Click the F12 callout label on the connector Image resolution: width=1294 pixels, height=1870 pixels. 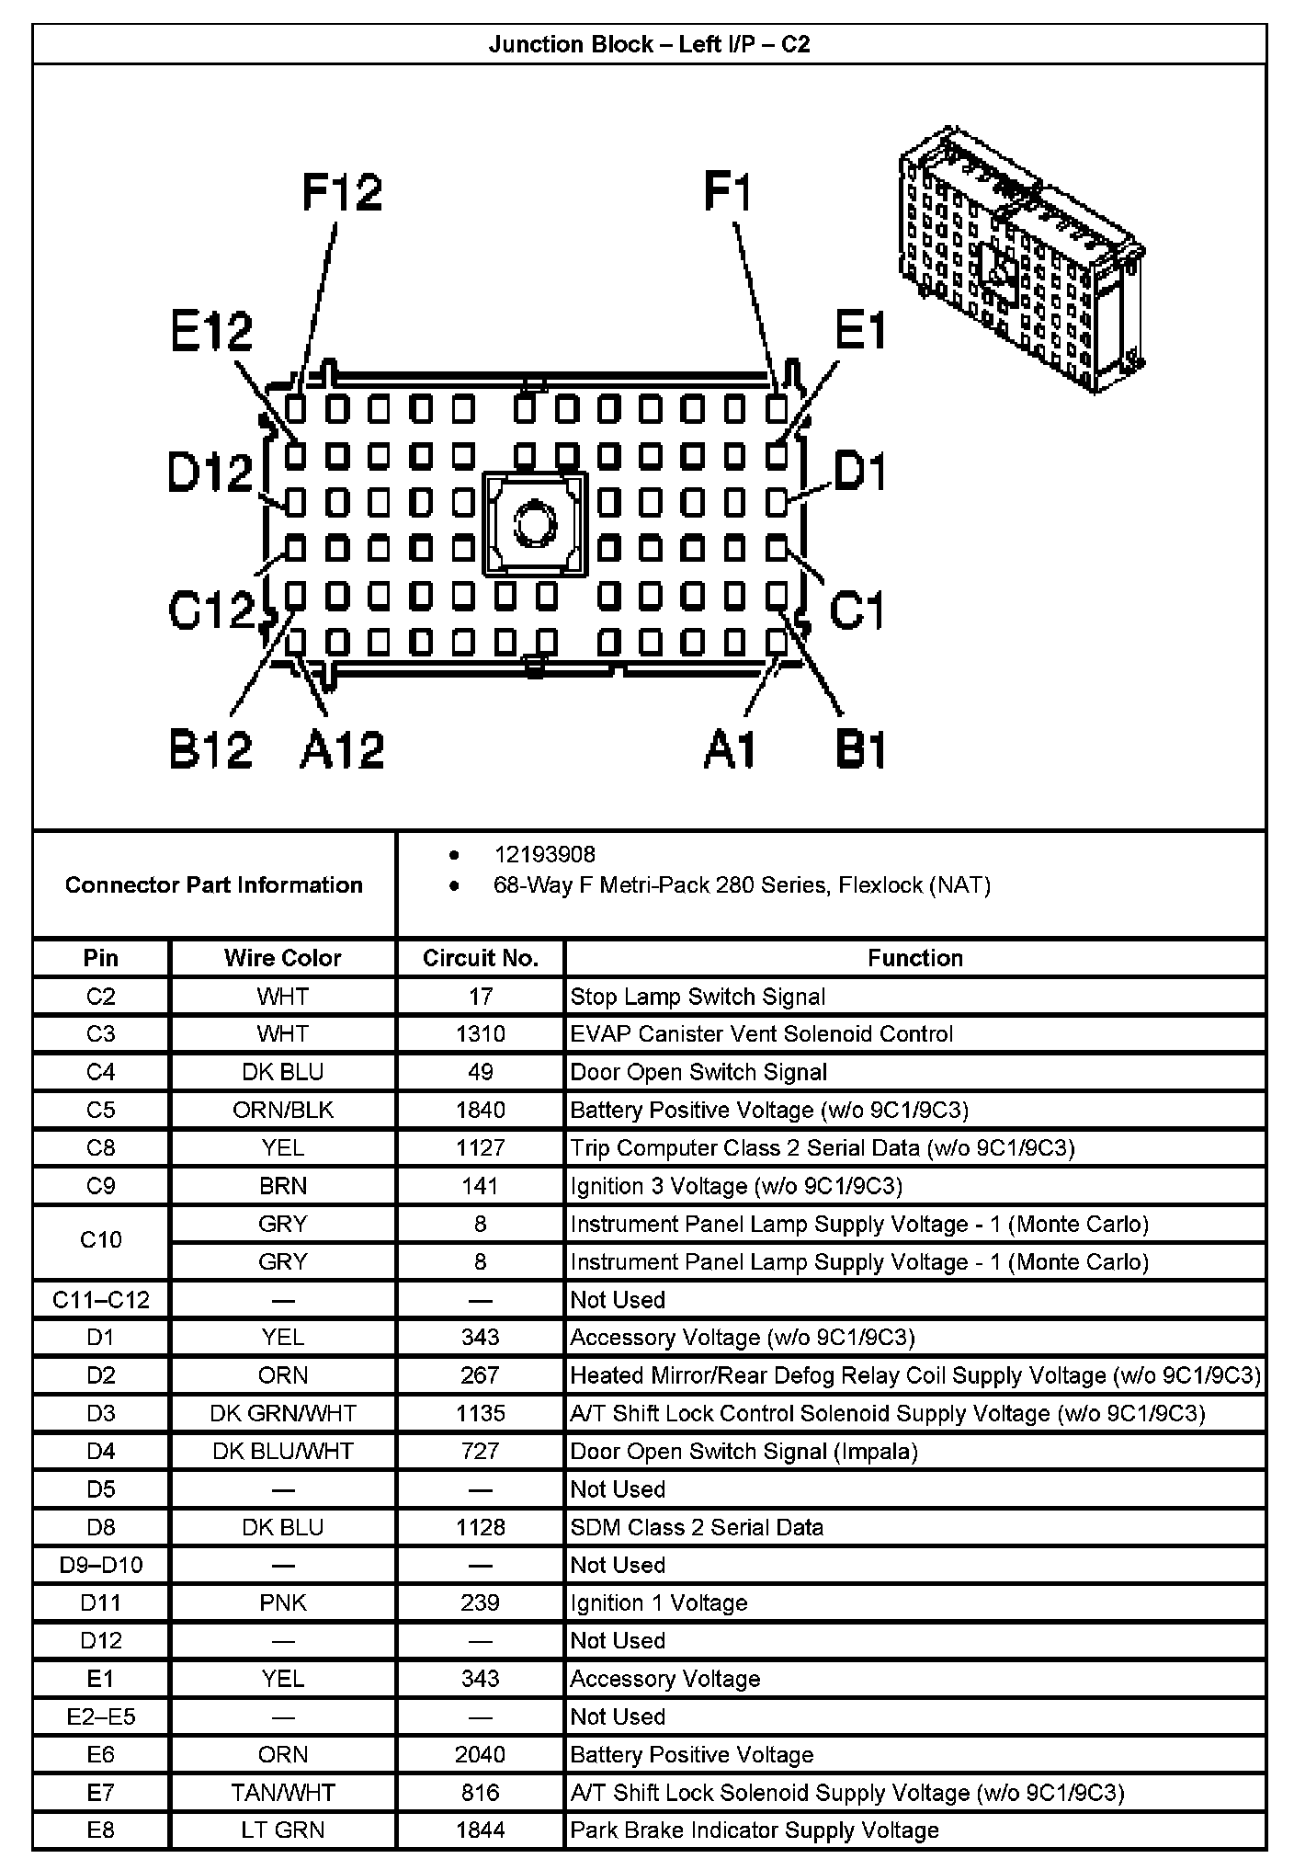(342, 193)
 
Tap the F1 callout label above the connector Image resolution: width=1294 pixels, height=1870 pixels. (728, 193)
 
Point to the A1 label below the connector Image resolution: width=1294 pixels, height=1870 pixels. (731, 749)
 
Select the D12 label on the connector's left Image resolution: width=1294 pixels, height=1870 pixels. (210, 473)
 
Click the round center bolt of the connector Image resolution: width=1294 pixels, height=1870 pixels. (533, 525)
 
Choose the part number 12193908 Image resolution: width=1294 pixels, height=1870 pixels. (545, 855)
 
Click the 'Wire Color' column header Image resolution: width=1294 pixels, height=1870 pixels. (282, 958)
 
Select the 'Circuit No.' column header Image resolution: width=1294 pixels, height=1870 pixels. (480, 958)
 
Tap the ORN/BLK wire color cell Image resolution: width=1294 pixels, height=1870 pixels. (282, 1110)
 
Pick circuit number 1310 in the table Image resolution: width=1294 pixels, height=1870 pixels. (480, 1033)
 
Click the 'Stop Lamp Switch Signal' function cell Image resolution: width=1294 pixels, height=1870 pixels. (698, 997)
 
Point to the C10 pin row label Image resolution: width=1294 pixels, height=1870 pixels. (100, 1240)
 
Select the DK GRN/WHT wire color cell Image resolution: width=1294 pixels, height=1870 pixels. (282, 1413)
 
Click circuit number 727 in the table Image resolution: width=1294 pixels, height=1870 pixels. (480, 1451)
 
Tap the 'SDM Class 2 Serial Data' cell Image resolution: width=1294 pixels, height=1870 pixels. (697, 1527)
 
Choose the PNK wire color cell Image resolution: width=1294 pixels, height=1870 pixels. (282, 1602)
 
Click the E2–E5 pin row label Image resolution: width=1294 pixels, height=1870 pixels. (100, 1716)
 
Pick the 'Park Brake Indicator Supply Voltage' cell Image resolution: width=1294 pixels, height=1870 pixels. (755, 1830)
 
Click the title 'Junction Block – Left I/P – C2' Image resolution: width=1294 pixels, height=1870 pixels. (649, 44)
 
